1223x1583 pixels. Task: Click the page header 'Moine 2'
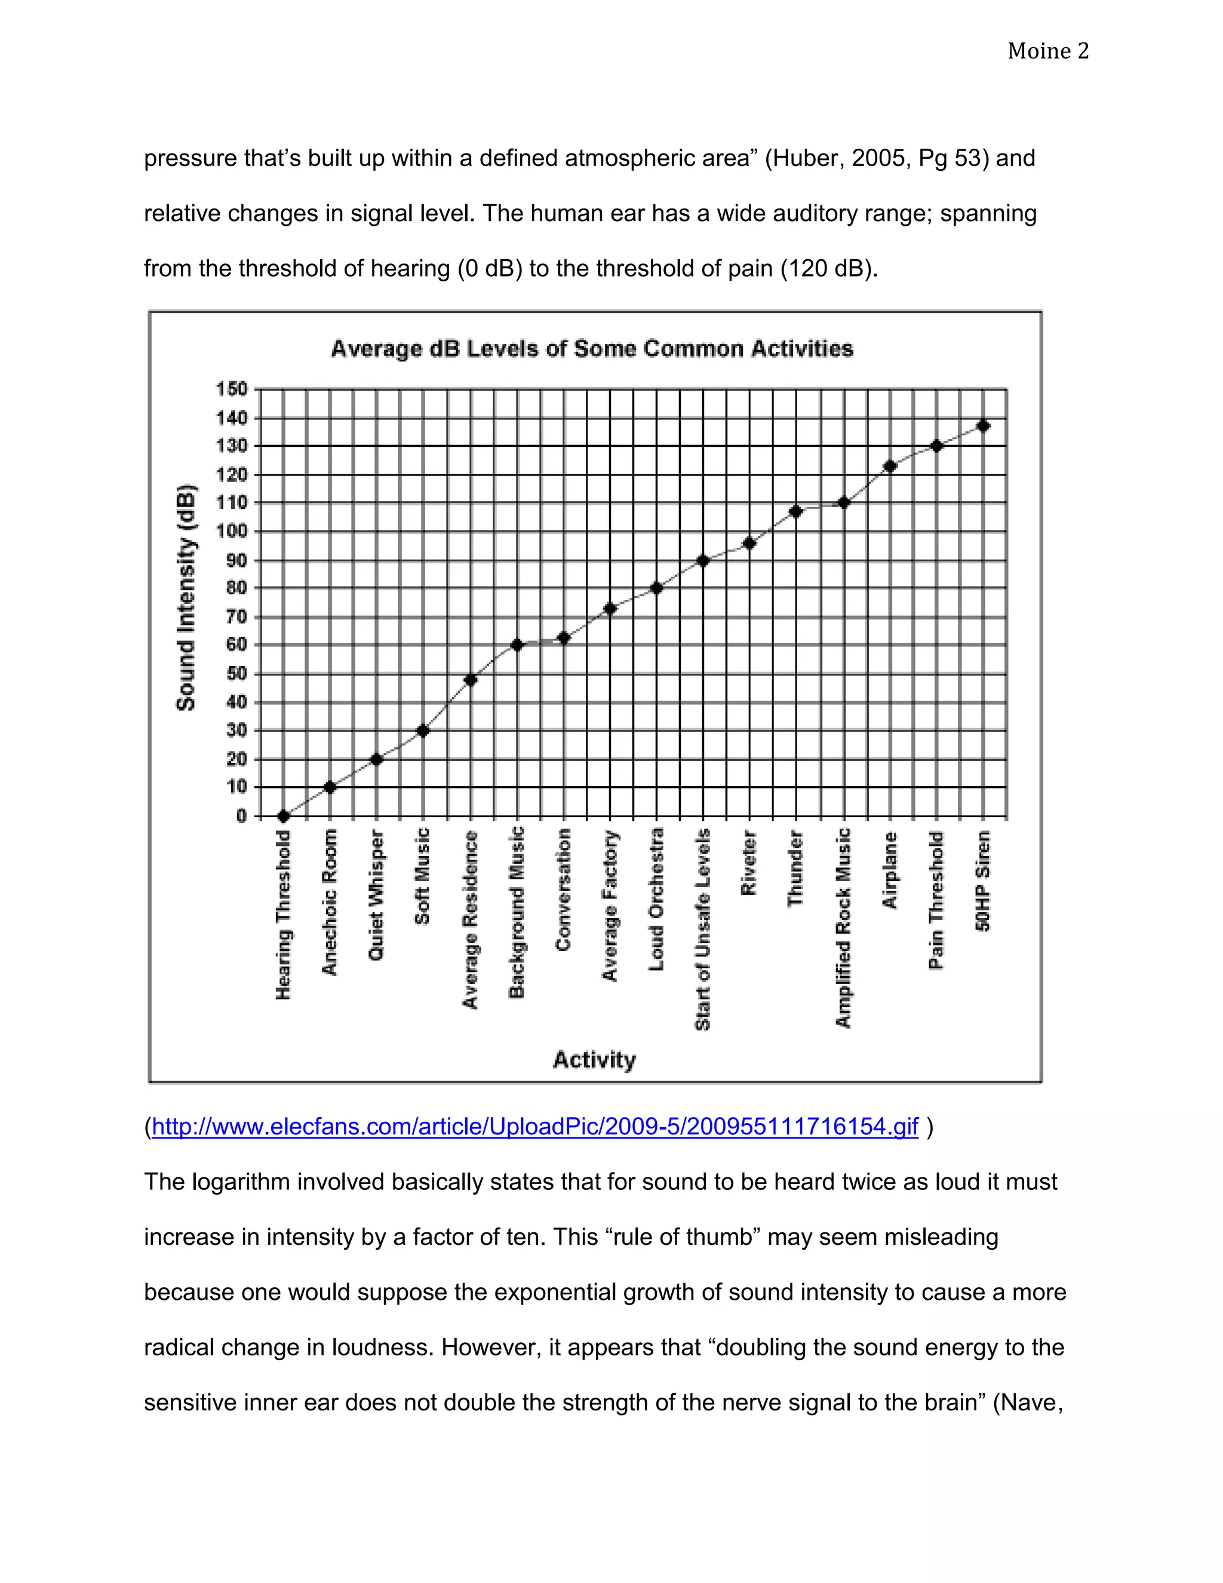[x=1047, y=51]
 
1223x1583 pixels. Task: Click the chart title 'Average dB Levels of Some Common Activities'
[x=592, y=349]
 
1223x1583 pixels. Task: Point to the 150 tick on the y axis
[x=232, y=389]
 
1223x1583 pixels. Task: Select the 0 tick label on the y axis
[x=241, y=816]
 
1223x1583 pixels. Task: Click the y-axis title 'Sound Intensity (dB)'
[x=186, y=597]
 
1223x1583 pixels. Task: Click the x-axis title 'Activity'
[x=594, y=1060]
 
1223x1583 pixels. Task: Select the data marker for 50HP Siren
[x=983, y=425]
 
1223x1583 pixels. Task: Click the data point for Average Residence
[x=470, y=680]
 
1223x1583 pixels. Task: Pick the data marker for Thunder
[x=795, y=512]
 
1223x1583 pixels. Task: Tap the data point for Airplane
[x=890, y=466]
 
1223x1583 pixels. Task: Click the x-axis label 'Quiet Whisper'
[x=376, y=896]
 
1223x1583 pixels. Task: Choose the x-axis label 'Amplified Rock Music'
[x=843, y=928]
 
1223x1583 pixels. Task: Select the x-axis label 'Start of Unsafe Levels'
[x=702, y=929]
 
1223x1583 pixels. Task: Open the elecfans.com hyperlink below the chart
[x=534, y=1127]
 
